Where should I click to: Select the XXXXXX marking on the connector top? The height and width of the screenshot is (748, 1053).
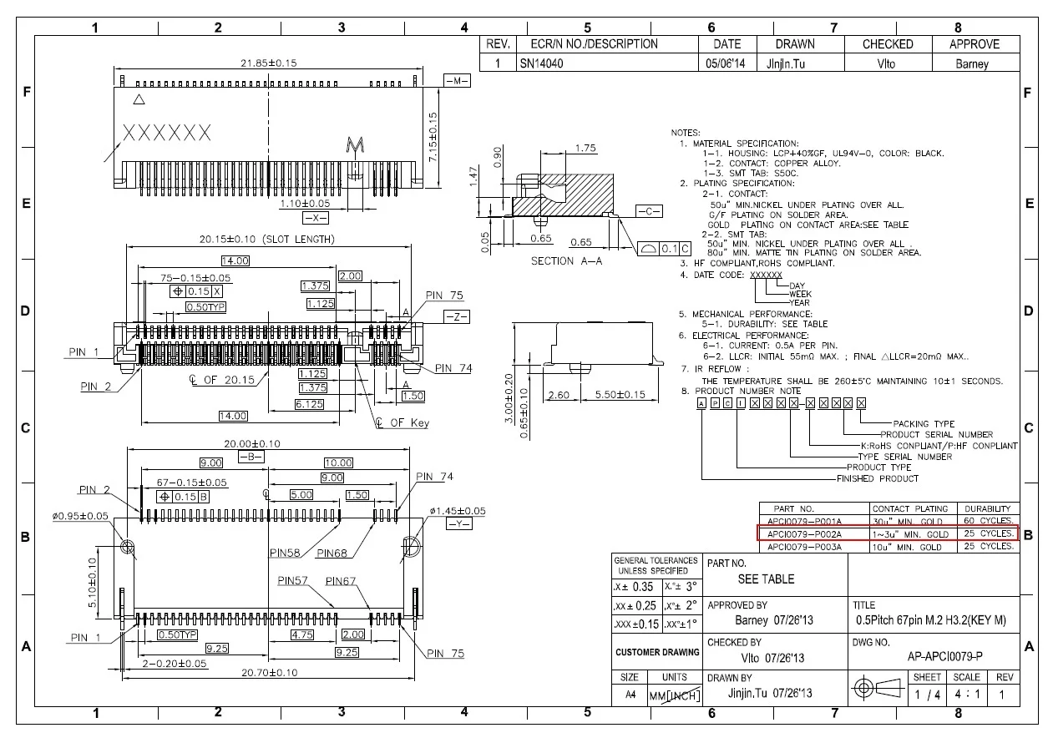[x=167, y=133]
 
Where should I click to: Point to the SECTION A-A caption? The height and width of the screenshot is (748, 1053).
[x=565, y=261]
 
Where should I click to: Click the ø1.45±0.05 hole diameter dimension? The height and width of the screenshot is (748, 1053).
[x=458, y=510]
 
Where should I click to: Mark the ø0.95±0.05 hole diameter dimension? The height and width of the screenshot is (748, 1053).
[x=80, y=516]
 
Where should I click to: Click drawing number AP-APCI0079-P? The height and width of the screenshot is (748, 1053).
[x=944, y=655]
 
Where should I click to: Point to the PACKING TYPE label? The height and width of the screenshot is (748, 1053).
[x=924, y=424]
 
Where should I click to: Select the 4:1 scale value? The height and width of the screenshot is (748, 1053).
[x=966, y=694]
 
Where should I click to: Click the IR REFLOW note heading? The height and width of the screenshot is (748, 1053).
[x=716, y=368]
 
